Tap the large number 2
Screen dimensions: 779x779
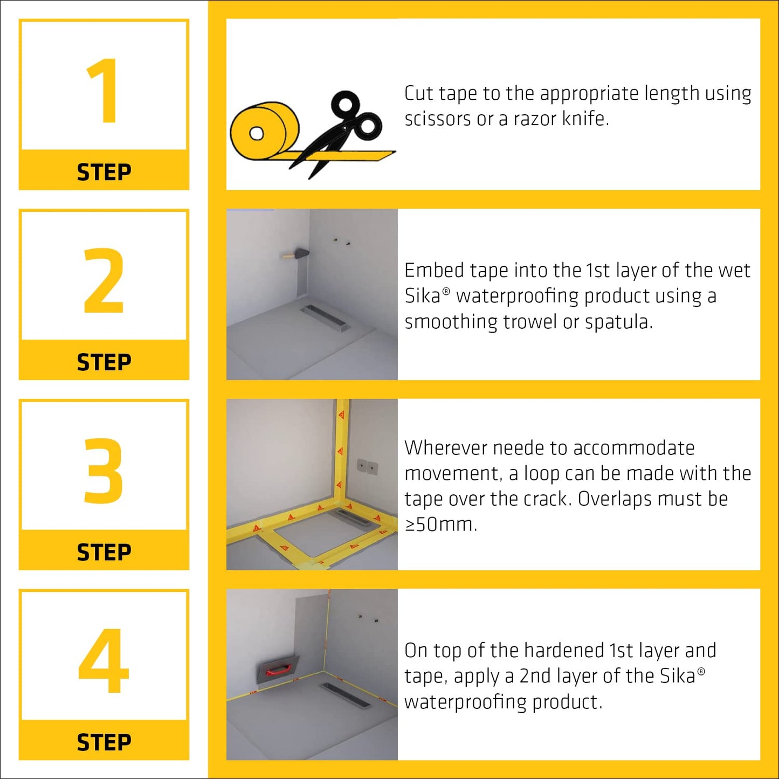104,280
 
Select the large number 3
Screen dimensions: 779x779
104,470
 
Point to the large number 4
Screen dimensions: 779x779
104,660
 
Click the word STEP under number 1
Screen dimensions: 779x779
104,173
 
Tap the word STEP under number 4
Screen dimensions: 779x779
104,742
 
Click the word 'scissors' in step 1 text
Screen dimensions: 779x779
438,119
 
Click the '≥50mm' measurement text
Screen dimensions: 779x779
440,525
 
